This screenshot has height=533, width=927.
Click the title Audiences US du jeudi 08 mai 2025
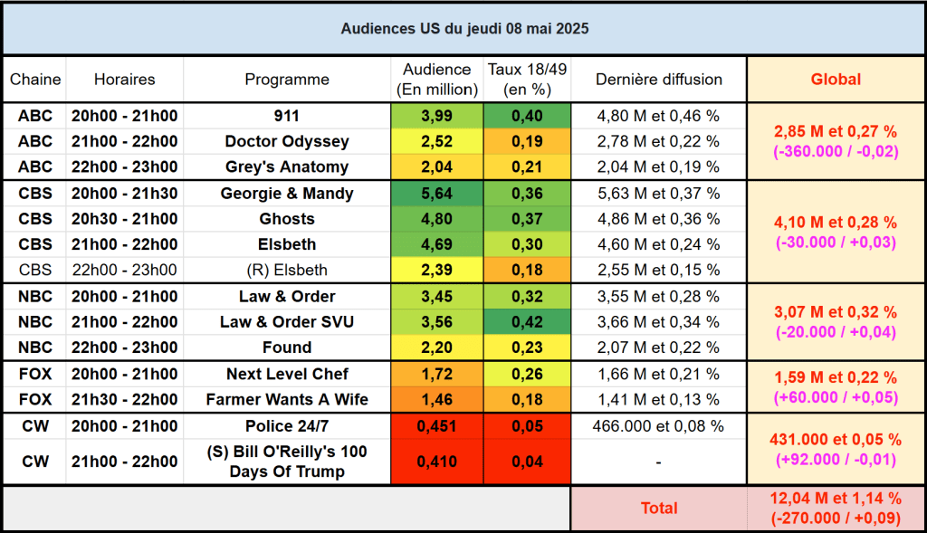[x=464, y=28]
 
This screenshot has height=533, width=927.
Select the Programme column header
[x=287, y=80]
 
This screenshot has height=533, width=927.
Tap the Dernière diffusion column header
[x=658, y=80]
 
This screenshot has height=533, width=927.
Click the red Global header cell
[x=836, y=80]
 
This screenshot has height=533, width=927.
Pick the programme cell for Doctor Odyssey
[x=287, y=141]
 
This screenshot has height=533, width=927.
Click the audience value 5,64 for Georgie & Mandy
[x=436, y=194]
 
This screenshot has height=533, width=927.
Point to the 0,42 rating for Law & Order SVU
[x=527, y=322]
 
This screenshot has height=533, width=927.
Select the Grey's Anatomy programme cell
[x=287, y=167]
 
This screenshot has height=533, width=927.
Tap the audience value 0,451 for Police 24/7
[x=436, y=426]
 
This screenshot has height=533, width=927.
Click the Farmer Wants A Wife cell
[x=287, y=399]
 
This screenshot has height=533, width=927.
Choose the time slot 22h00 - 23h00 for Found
[x=124, y=347]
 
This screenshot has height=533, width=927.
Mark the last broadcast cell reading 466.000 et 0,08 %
[x=658, y=426]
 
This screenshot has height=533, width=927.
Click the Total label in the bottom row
[x=658, y=509]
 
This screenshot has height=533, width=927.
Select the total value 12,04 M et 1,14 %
[x=836, y=499]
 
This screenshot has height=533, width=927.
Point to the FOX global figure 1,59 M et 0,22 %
[x=836, y=377]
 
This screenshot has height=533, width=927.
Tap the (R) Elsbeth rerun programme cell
[x=287, y=270]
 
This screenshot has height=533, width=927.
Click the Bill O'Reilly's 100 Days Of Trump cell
[x=287, y=462]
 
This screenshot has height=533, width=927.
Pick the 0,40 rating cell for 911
[x=527, y=116]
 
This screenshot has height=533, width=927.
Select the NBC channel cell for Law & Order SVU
[x=35, y=322]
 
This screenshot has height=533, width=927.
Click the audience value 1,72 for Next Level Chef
[x=436, y=374]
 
